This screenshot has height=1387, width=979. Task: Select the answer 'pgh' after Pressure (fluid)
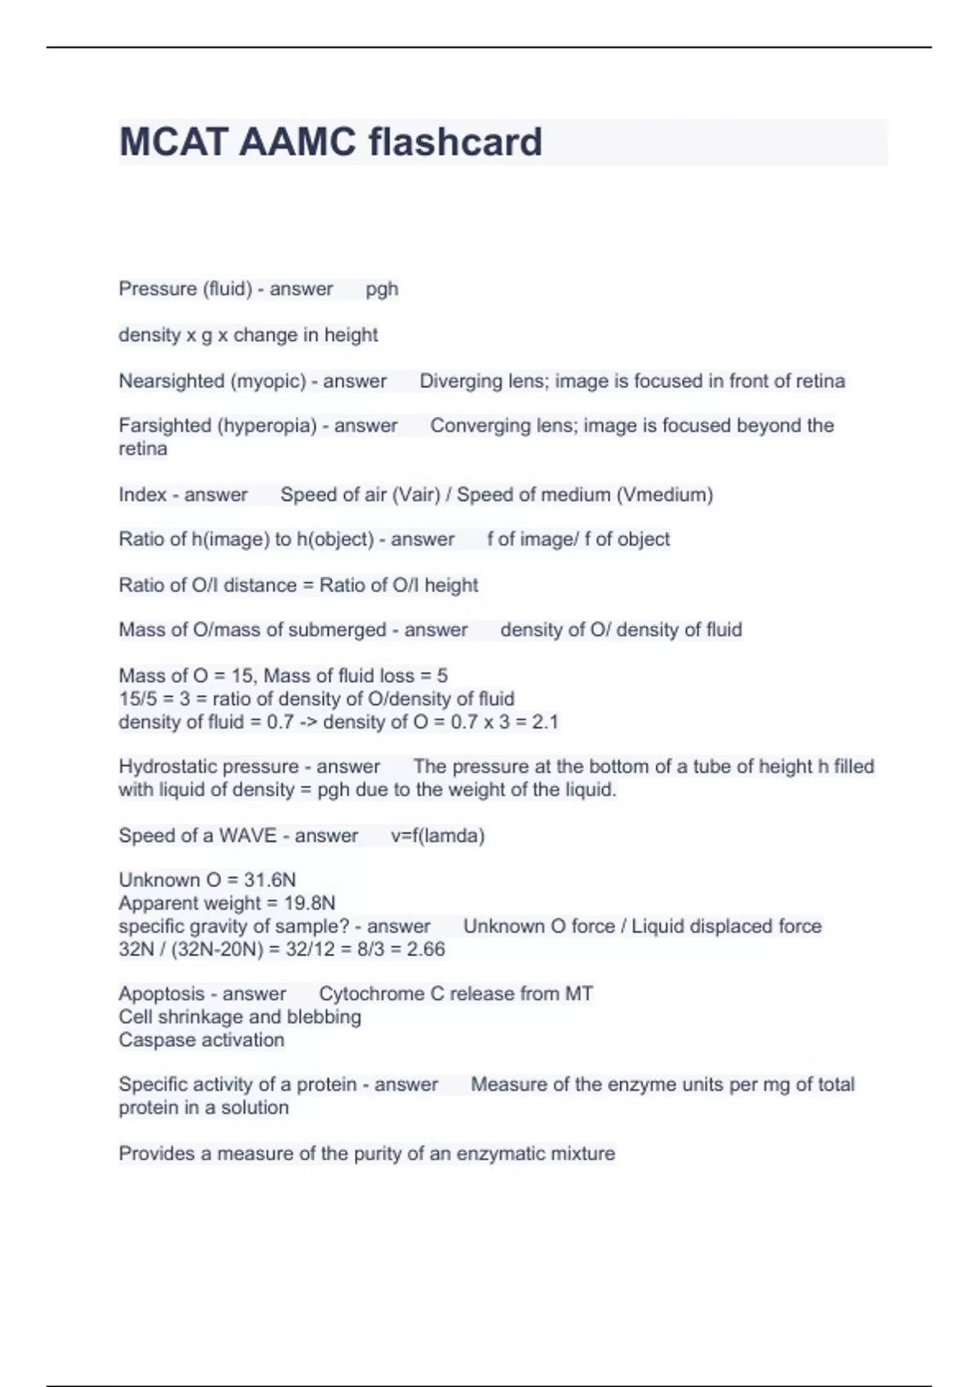point(382,289)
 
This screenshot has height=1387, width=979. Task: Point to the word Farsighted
point(162,426)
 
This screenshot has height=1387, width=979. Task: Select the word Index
point(142,494)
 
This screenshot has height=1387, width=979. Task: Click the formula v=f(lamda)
point(437,836)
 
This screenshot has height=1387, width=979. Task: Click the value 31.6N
point(269,880)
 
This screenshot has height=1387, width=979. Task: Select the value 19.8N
point(309,903)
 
